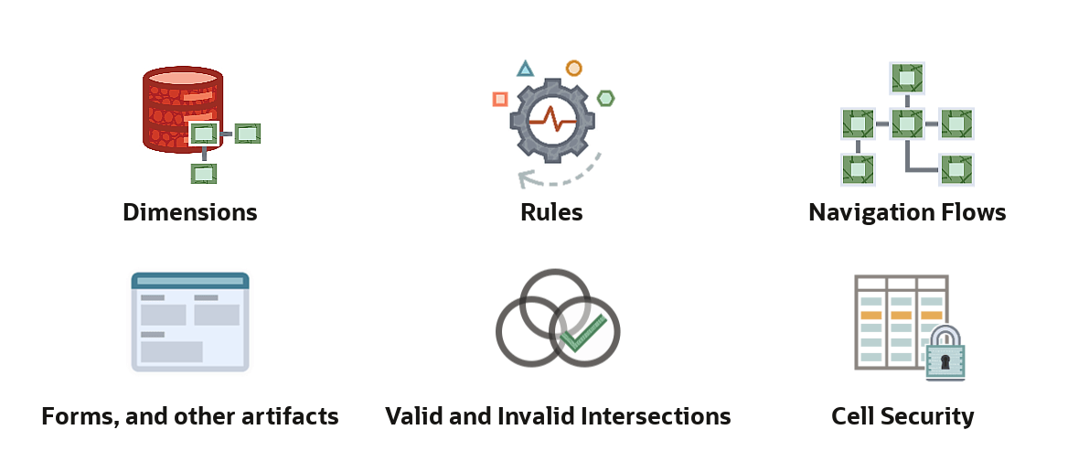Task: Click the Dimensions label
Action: tap(190, 212)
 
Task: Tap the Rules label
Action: tap(551, 212)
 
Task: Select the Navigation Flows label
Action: tap(907, 212)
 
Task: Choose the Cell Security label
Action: tap(902, 415)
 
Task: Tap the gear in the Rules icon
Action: tap(552, 122)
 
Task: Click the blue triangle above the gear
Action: tap(525, 69)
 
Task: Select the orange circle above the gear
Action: tap(574, 68)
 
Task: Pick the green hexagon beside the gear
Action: tap(605, 98)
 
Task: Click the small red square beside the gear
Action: tap(500, 100)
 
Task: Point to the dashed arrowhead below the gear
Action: tap(526, 179)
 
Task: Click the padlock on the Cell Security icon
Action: tap(945, 352)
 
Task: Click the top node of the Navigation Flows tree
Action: tap(907, 79)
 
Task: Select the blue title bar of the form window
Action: tap(190, 280)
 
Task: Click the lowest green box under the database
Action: tap(204, 174)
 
